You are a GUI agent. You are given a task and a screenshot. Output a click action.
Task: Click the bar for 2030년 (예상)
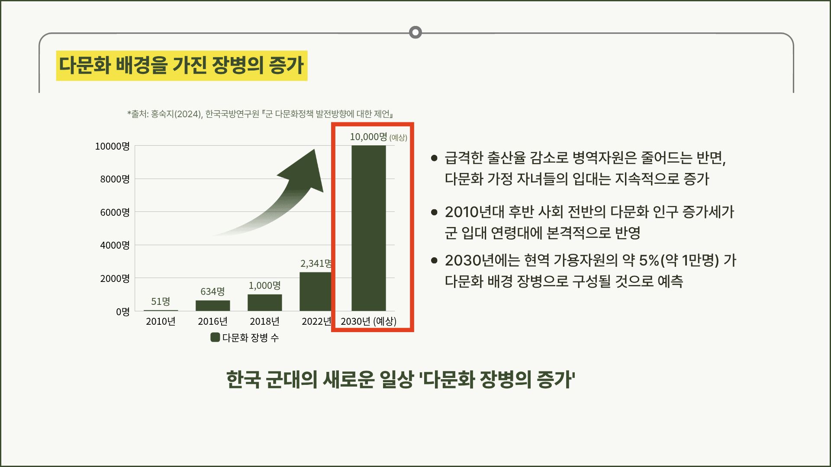pyautogui.click(x=368, y=228)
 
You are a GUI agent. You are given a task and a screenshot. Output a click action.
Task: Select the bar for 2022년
pyautogui.click(x=316, y=291)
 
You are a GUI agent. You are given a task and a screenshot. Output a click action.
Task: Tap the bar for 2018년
pyautogui.click(x=264, y=303)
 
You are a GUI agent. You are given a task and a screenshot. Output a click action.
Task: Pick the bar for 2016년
pyautogui.click(x=213, y=306)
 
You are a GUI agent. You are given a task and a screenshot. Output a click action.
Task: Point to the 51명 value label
pyautogui.click(x=161, y=301)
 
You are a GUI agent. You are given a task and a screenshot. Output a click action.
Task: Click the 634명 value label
pyautogui.click(x=213, y=291)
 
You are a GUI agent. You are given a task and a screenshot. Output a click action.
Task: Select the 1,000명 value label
pyautogui.click(x=264, y=285)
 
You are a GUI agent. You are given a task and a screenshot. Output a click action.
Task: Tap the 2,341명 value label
pyautogui.click(x=316, y=263)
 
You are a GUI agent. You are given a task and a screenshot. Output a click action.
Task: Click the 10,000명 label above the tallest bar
pyautogui.click(x=368, y=137)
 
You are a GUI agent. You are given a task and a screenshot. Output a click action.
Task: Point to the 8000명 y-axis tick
pyautogui.click(x=115, y=179)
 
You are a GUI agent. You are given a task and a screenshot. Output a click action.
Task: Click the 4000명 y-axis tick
pyautogui.click(x=115, y=245)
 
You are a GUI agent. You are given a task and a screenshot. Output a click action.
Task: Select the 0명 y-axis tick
pyautogui.click(x=122, y=312)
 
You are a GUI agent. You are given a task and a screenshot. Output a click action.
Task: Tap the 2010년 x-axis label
pyautogui.click(x=161, y=321)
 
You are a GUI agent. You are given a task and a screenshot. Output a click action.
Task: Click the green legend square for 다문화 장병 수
pyautogui.click(x=215, y=337)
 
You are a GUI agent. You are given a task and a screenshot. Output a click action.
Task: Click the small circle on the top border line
pyautogui.click(x=415, y=32)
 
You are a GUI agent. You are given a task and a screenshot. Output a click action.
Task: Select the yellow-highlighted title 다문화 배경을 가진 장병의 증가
pyautogui.click(x=182, y=66)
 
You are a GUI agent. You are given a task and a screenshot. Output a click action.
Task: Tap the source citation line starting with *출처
pyautogui.click(x=260, y=114)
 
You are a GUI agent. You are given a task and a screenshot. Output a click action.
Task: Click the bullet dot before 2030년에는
pyautogui.click(x=435, y=260)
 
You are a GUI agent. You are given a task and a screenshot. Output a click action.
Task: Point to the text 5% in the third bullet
pyautogui.click(x=649, y=260)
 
